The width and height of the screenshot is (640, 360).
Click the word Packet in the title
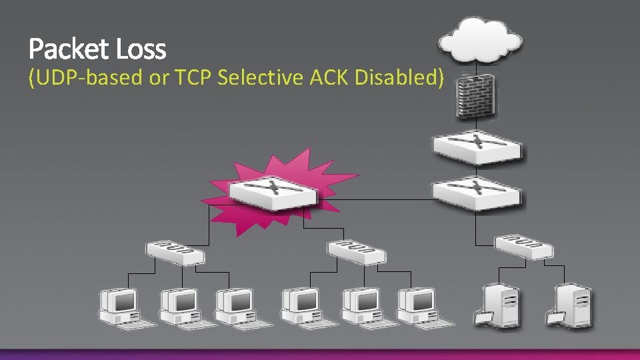coord(69,49)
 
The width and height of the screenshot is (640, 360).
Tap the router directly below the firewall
coord(477,147)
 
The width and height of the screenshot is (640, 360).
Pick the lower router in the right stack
coord(477,192)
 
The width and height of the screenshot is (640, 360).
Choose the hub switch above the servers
coord(524,246)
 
